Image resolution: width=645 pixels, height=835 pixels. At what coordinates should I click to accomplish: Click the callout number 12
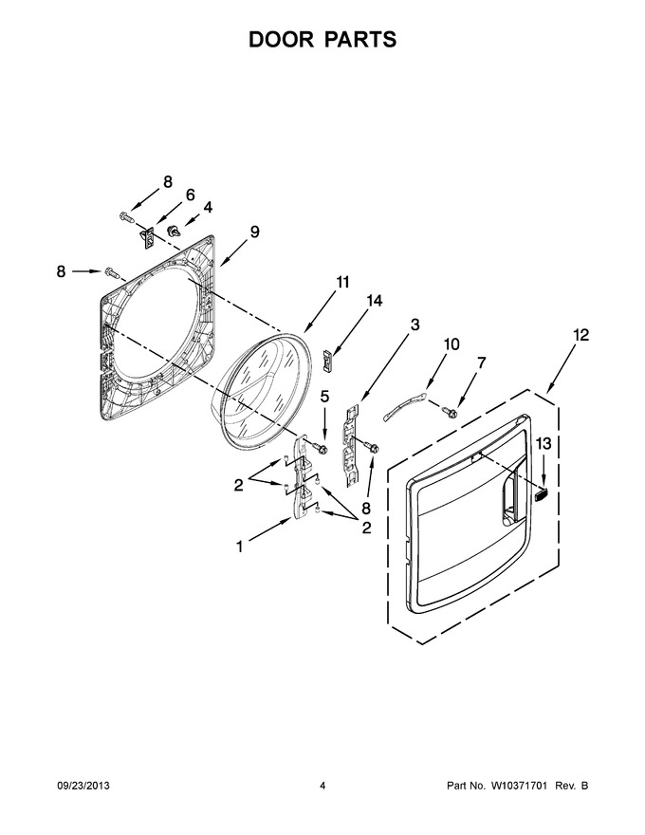580,335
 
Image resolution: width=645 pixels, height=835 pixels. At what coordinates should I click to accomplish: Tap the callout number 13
544,443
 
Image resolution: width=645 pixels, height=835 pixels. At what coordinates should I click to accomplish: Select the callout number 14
374,301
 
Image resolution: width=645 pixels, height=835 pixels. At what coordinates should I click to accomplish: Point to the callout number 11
342,282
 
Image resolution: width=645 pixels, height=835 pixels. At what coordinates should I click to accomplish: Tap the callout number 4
208,207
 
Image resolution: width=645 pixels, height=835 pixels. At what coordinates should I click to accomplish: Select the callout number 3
415,325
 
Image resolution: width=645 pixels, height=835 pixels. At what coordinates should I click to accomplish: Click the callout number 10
451,344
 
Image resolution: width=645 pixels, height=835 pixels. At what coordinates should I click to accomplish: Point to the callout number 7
481,363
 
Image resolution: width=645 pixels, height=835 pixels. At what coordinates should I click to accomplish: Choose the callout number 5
324,397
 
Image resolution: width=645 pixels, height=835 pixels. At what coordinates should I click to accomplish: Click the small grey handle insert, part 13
541,494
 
